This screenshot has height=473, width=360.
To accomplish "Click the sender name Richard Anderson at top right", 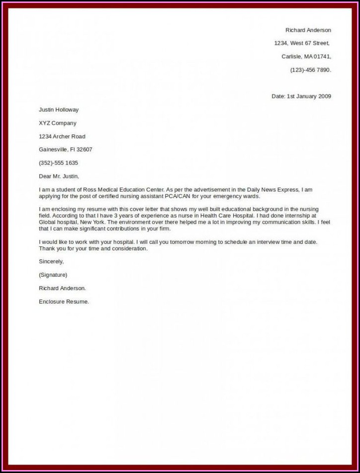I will point(308,30).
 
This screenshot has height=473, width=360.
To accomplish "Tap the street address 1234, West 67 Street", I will point(302,43).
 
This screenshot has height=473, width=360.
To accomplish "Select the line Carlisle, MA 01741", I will point(306,57).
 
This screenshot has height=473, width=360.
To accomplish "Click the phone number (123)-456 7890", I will point(310,70).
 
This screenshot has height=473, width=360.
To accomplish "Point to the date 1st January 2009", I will point(308,96).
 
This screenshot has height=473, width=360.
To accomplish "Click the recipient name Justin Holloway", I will point(59,110).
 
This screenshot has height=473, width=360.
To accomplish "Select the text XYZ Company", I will point(58,123).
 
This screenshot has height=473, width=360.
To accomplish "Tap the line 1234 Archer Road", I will point(62,137).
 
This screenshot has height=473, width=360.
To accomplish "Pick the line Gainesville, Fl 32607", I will point(66,150).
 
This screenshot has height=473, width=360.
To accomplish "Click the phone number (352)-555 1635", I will point(59,163).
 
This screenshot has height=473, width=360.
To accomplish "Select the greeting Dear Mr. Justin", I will point(59,176).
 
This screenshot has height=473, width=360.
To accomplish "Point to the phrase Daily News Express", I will point(273,190).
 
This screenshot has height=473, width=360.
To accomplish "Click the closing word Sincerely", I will point(51,261).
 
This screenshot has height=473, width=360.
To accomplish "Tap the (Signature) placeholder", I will point(53,275).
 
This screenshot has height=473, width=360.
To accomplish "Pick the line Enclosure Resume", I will point(64,301).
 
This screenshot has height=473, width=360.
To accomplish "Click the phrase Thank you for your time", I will point(72,248).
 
